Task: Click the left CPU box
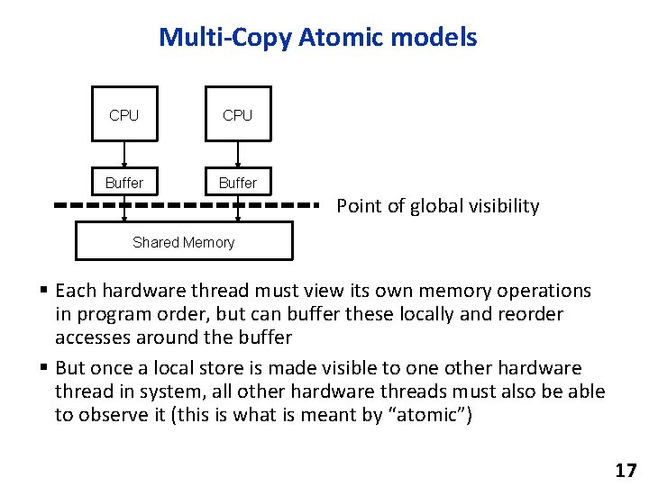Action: tap(124, 114)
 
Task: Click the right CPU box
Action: tap(238, 114)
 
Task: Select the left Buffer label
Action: tap(124, 183)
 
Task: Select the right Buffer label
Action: tap(238, 183)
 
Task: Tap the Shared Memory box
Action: tap(183, 241)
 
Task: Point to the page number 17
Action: tap(625, 470)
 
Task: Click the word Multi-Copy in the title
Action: tap(213, 37)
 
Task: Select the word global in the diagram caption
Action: tap(439, 206)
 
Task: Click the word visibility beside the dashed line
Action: tap(506, 206)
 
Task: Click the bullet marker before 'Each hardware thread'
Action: tap(43, 291)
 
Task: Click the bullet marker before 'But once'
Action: tap(43, 368)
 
